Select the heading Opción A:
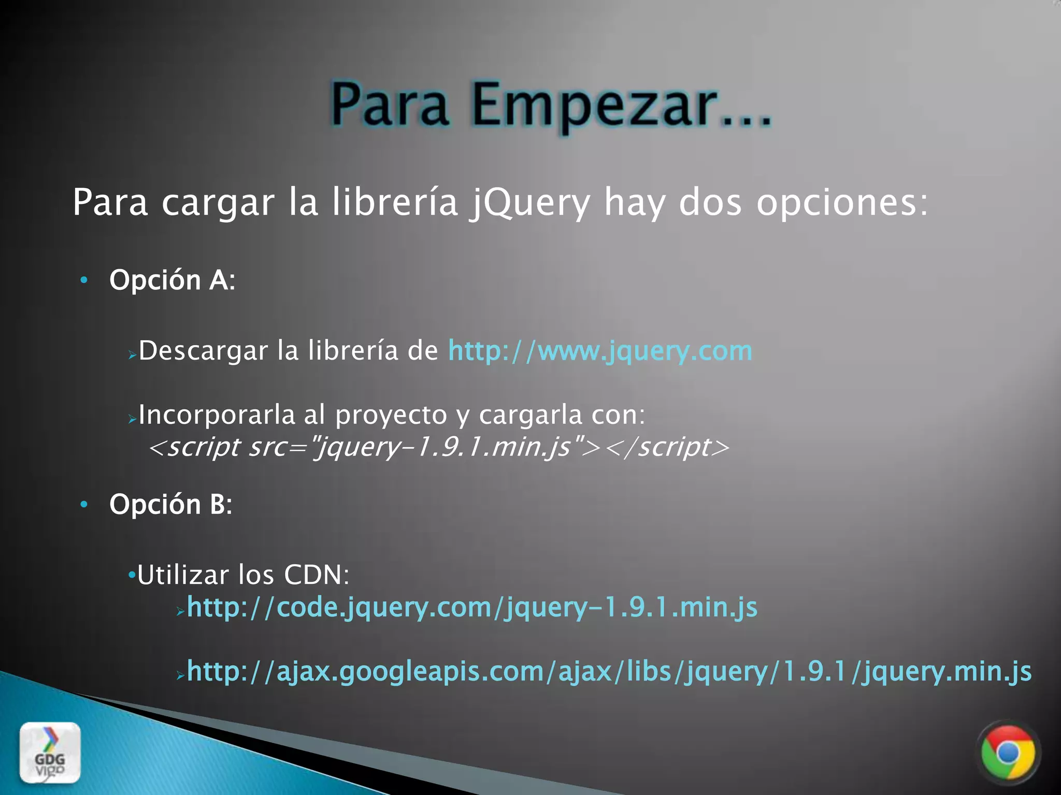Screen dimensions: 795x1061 click(x=173, y=280)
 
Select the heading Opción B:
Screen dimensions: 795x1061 click(x=171, y=504)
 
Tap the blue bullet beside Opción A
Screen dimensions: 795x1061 click(x=84, y=281)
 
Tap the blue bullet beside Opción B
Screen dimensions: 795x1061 click(x=84, y=505)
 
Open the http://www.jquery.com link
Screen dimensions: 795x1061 click(x=600, y=351)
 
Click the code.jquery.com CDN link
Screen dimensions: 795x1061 click(x=472, y=607)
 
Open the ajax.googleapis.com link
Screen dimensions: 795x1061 click(x=609, y=671)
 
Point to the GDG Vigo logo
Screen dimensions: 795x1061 click(x=50, y=753)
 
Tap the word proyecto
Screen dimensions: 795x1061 click(x=391, y=415)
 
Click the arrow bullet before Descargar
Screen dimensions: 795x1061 click(x=133, y=355)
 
